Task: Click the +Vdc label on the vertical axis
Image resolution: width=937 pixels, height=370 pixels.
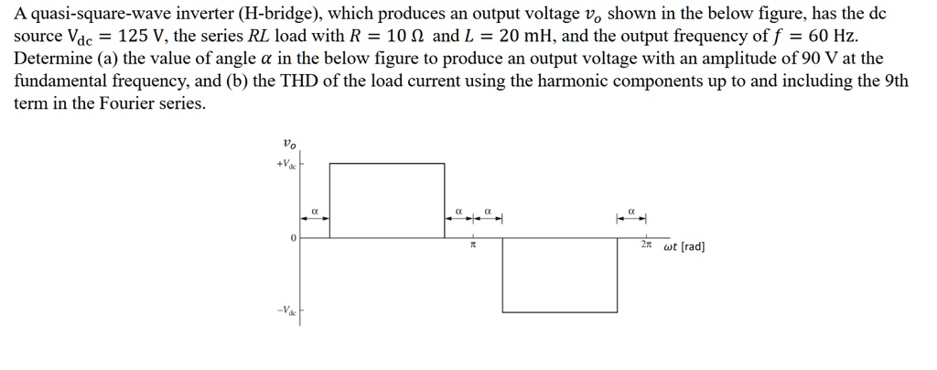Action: pos(285,165)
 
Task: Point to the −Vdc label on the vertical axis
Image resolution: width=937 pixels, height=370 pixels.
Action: pos(285,309)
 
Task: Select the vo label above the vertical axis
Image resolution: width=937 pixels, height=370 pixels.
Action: pos(289,143)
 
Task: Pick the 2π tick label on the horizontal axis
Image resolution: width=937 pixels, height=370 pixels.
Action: pos(647,246)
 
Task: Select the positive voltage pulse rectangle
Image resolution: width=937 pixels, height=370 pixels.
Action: pos(387,200)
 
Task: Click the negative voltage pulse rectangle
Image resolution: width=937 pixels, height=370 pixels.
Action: pos(560,275)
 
